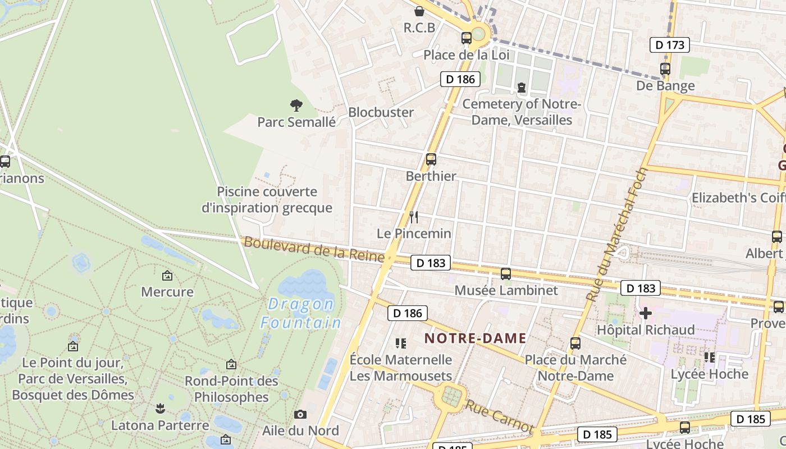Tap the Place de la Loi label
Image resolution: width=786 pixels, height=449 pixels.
click(467, 55)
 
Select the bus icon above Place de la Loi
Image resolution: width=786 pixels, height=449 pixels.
click(467, 38)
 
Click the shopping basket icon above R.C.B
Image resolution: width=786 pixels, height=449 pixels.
click(419, 11)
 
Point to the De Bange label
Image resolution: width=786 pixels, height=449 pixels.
click(665, 86)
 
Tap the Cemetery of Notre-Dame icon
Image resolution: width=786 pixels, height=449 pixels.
click(522, 88)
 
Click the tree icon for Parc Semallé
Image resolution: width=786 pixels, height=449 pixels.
click(296, 105)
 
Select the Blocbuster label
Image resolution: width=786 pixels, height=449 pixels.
click(381, 112)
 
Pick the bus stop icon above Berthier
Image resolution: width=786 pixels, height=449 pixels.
click(431, 159)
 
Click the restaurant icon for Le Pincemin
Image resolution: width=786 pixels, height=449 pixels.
click(414, 217)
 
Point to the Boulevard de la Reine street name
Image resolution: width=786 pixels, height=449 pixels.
click(314, 250)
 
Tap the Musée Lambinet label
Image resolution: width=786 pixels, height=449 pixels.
click(506, 290)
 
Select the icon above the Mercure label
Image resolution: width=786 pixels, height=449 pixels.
click(167, 276)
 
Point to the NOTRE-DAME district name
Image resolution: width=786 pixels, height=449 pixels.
click(475, 338)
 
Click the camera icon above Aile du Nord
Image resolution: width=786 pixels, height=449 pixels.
click(300, 415)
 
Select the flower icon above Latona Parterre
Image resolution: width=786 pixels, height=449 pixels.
click(161, 409)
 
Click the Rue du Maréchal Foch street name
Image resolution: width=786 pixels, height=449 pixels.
click(616, 235)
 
